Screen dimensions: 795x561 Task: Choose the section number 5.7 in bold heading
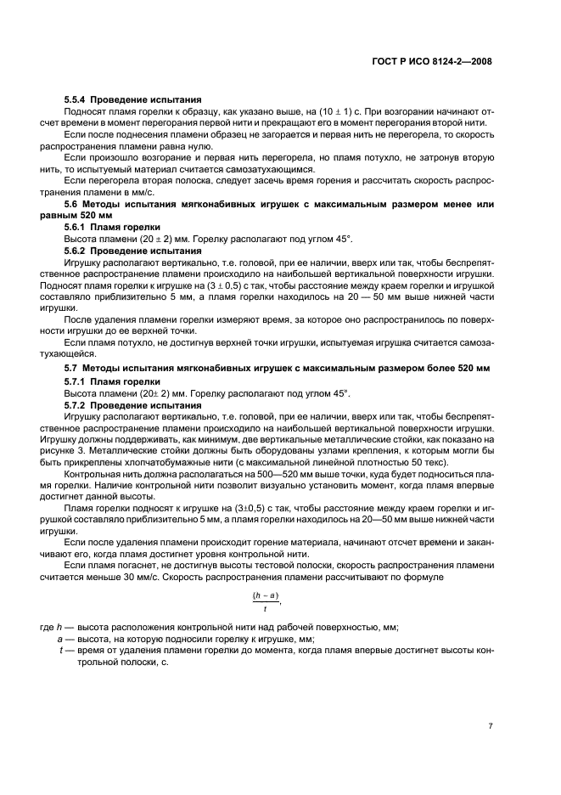71,369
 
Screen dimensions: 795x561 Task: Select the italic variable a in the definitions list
59,639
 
